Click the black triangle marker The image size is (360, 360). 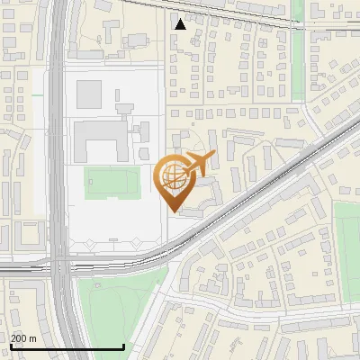[x=181, y=24]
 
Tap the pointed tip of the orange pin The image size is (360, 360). [x=172, y=211]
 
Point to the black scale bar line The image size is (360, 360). [x=67, y=347]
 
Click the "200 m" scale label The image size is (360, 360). [x=23, y=338]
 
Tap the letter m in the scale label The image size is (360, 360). [x=32, y=338]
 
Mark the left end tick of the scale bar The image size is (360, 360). [x=10, y=346]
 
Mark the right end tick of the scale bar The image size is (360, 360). [x=123, y=346]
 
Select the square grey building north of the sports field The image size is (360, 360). [x=89, y=93]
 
